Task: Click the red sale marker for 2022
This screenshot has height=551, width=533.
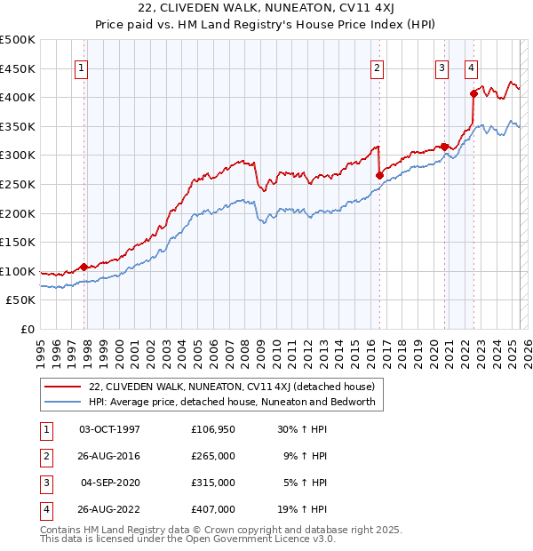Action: click(x=473, y=92)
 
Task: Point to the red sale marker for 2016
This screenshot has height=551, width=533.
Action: click(x=379, y=175)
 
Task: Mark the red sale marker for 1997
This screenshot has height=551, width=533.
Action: click(x=84, y=267)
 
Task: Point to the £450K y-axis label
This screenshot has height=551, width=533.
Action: click(x=18, y=68)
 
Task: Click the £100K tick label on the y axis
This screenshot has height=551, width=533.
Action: click(x=18, y=271)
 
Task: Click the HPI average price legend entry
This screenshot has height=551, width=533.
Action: click(x=232, y=402)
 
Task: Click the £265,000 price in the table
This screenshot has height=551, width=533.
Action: click(x=213, y=455)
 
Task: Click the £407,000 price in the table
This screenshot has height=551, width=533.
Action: click(x=213, y=509)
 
